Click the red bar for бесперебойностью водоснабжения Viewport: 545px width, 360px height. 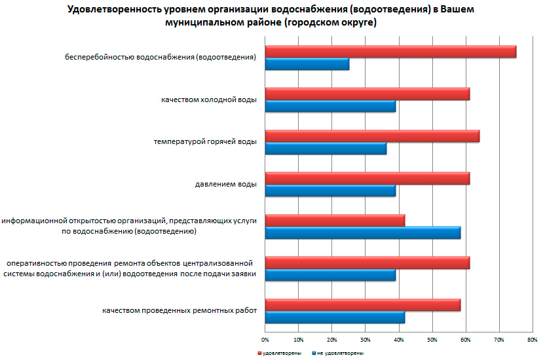390,52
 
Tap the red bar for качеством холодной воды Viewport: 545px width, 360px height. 367,94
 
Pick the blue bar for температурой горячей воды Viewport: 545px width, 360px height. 326,149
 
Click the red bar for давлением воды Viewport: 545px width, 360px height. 367,179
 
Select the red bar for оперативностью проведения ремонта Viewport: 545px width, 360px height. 367,263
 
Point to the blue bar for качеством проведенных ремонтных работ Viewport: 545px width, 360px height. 335,317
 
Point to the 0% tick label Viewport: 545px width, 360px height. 265,340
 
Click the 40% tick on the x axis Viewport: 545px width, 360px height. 399,340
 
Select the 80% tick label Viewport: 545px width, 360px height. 533,340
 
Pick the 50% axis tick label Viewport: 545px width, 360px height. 432,340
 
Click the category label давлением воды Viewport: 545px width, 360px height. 225,184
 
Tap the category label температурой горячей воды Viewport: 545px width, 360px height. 205,141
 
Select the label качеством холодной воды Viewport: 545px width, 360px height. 208,99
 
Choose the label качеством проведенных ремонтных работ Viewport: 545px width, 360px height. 179,310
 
